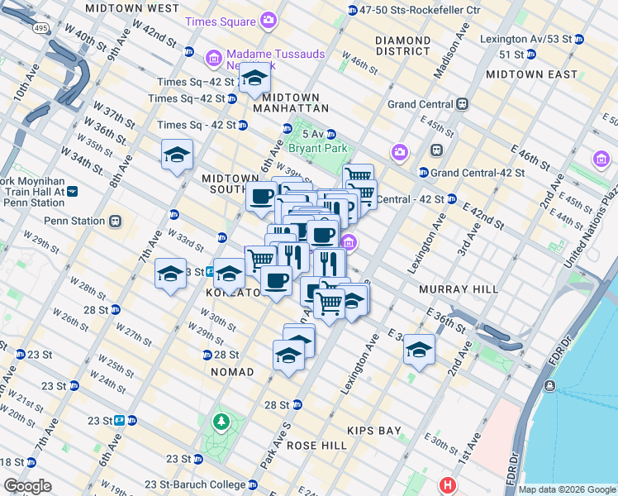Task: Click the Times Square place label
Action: (x=220, y=20)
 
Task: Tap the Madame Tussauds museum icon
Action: (x=213, y=57)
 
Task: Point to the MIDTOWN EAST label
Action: (x=531, y=74)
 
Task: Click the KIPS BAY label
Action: (x=373, y=431)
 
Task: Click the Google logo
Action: (x=27, y=486)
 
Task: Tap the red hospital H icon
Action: (x=448, y=485)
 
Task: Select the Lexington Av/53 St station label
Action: (x=531, y=39)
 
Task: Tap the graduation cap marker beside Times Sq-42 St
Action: (x=254, y=79)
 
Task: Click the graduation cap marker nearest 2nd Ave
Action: (x=419, y=351)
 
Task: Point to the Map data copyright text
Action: (x=566, y=489)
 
